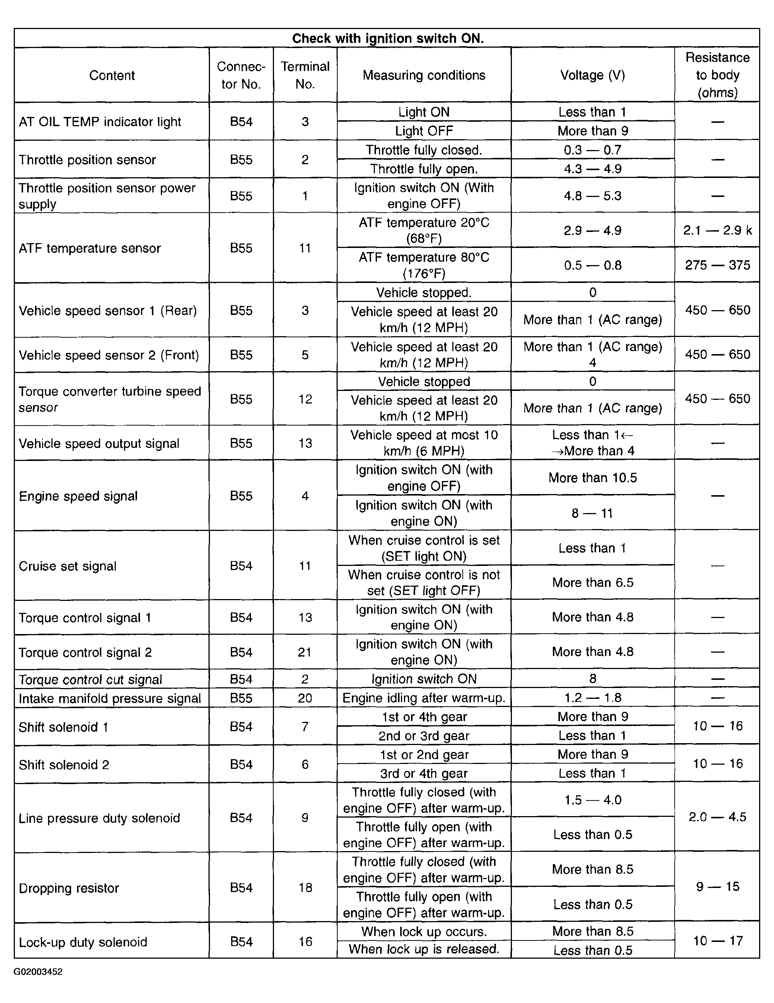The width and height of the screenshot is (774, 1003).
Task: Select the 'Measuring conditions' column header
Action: pyautogui.click(x=424, y=75)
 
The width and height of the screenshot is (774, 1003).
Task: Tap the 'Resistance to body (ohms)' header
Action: pyautogui.click(x=717, y=75)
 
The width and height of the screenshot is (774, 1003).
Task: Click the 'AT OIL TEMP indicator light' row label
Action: pyautogui.click(x=100, y=122)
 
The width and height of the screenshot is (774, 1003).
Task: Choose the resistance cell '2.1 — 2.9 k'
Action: pyautogui.click(x=717, y=230)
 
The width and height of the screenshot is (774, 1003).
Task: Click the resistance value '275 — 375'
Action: pyautogui.click(x=717, y=265)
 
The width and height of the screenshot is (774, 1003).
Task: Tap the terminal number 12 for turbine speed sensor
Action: pyautogui.click(x=305, y=399)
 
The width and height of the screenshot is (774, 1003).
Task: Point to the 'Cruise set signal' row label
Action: pyautogui.click(x=67, y=566)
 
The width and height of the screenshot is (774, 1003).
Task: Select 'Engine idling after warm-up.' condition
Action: pyautogui.click(x=424, y=698)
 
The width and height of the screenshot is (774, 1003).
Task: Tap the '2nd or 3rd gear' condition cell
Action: pyautogui.click(x=424, y=736)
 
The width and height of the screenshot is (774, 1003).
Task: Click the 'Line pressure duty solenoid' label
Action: pyautogui.click(x=99, y=818)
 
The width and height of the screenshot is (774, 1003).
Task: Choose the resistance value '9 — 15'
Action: pyautogui.click(x=717, y=886)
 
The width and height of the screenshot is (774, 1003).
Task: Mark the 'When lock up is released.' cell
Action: pyautogui.click(x=424, y=949)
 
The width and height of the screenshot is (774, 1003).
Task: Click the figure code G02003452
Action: pyautogui.click(x=38, y=971)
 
